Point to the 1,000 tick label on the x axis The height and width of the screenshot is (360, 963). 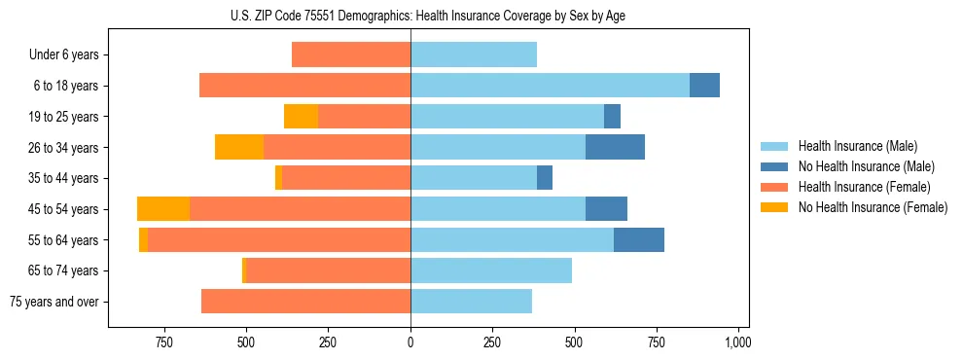pos(737,342)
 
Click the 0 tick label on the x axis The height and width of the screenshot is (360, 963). pos(410,342)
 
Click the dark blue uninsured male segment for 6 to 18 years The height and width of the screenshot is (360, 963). pos(704,86)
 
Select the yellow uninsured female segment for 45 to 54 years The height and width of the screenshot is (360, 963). pos(163,209)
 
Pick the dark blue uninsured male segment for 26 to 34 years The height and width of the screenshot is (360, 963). pos(615,148)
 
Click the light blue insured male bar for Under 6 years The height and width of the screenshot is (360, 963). pos(474,55)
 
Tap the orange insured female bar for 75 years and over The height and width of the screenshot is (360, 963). pos(305,302)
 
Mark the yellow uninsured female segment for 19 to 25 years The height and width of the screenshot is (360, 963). pos(301,117)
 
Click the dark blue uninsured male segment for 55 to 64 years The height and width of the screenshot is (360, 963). pos(639,240)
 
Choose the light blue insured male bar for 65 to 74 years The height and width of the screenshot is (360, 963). pos(491,270)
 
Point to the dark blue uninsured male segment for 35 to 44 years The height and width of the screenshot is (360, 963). pos(545,178)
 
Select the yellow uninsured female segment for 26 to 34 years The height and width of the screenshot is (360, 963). pos(239,148)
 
